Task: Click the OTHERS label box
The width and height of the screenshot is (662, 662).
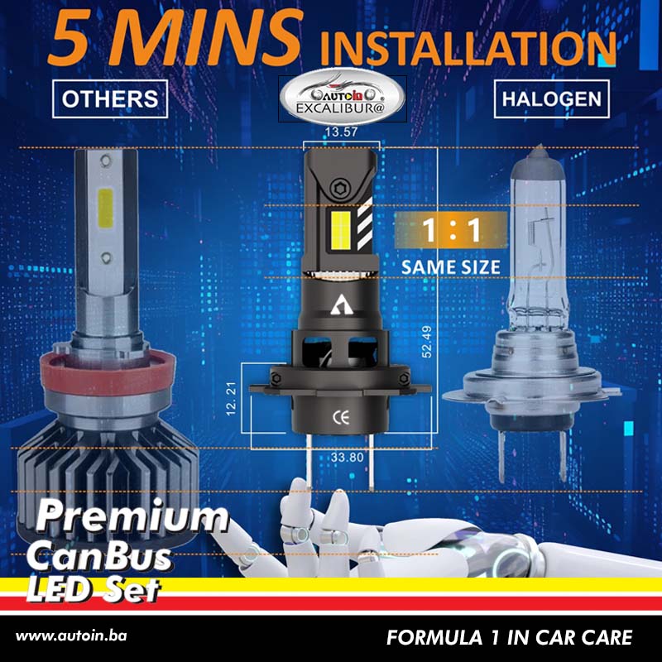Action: [x=110, y=99]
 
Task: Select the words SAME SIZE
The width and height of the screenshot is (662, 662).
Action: [x=451, y=266]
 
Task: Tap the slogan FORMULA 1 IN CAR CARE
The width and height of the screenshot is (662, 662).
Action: [x=509, y=637]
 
